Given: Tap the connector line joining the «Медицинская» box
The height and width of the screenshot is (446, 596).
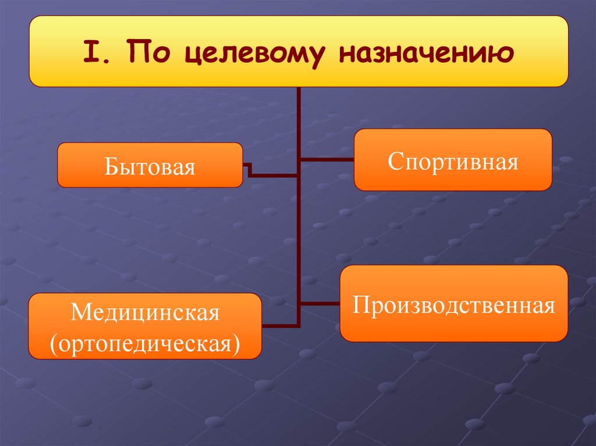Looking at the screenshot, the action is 279,324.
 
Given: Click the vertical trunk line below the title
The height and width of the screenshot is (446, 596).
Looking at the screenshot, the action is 299,233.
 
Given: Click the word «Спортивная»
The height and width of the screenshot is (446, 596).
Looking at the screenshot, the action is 453,161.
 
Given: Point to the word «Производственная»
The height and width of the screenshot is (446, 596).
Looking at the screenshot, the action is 453,304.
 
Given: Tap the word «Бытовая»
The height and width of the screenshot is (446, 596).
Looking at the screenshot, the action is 150,167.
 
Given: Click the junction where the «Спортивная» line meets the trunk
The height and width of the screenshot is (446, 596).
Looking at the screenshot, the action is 299,159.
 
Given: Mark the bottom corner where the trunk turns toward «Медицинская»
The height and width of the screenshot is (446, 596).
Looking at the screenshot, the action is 299,324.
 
